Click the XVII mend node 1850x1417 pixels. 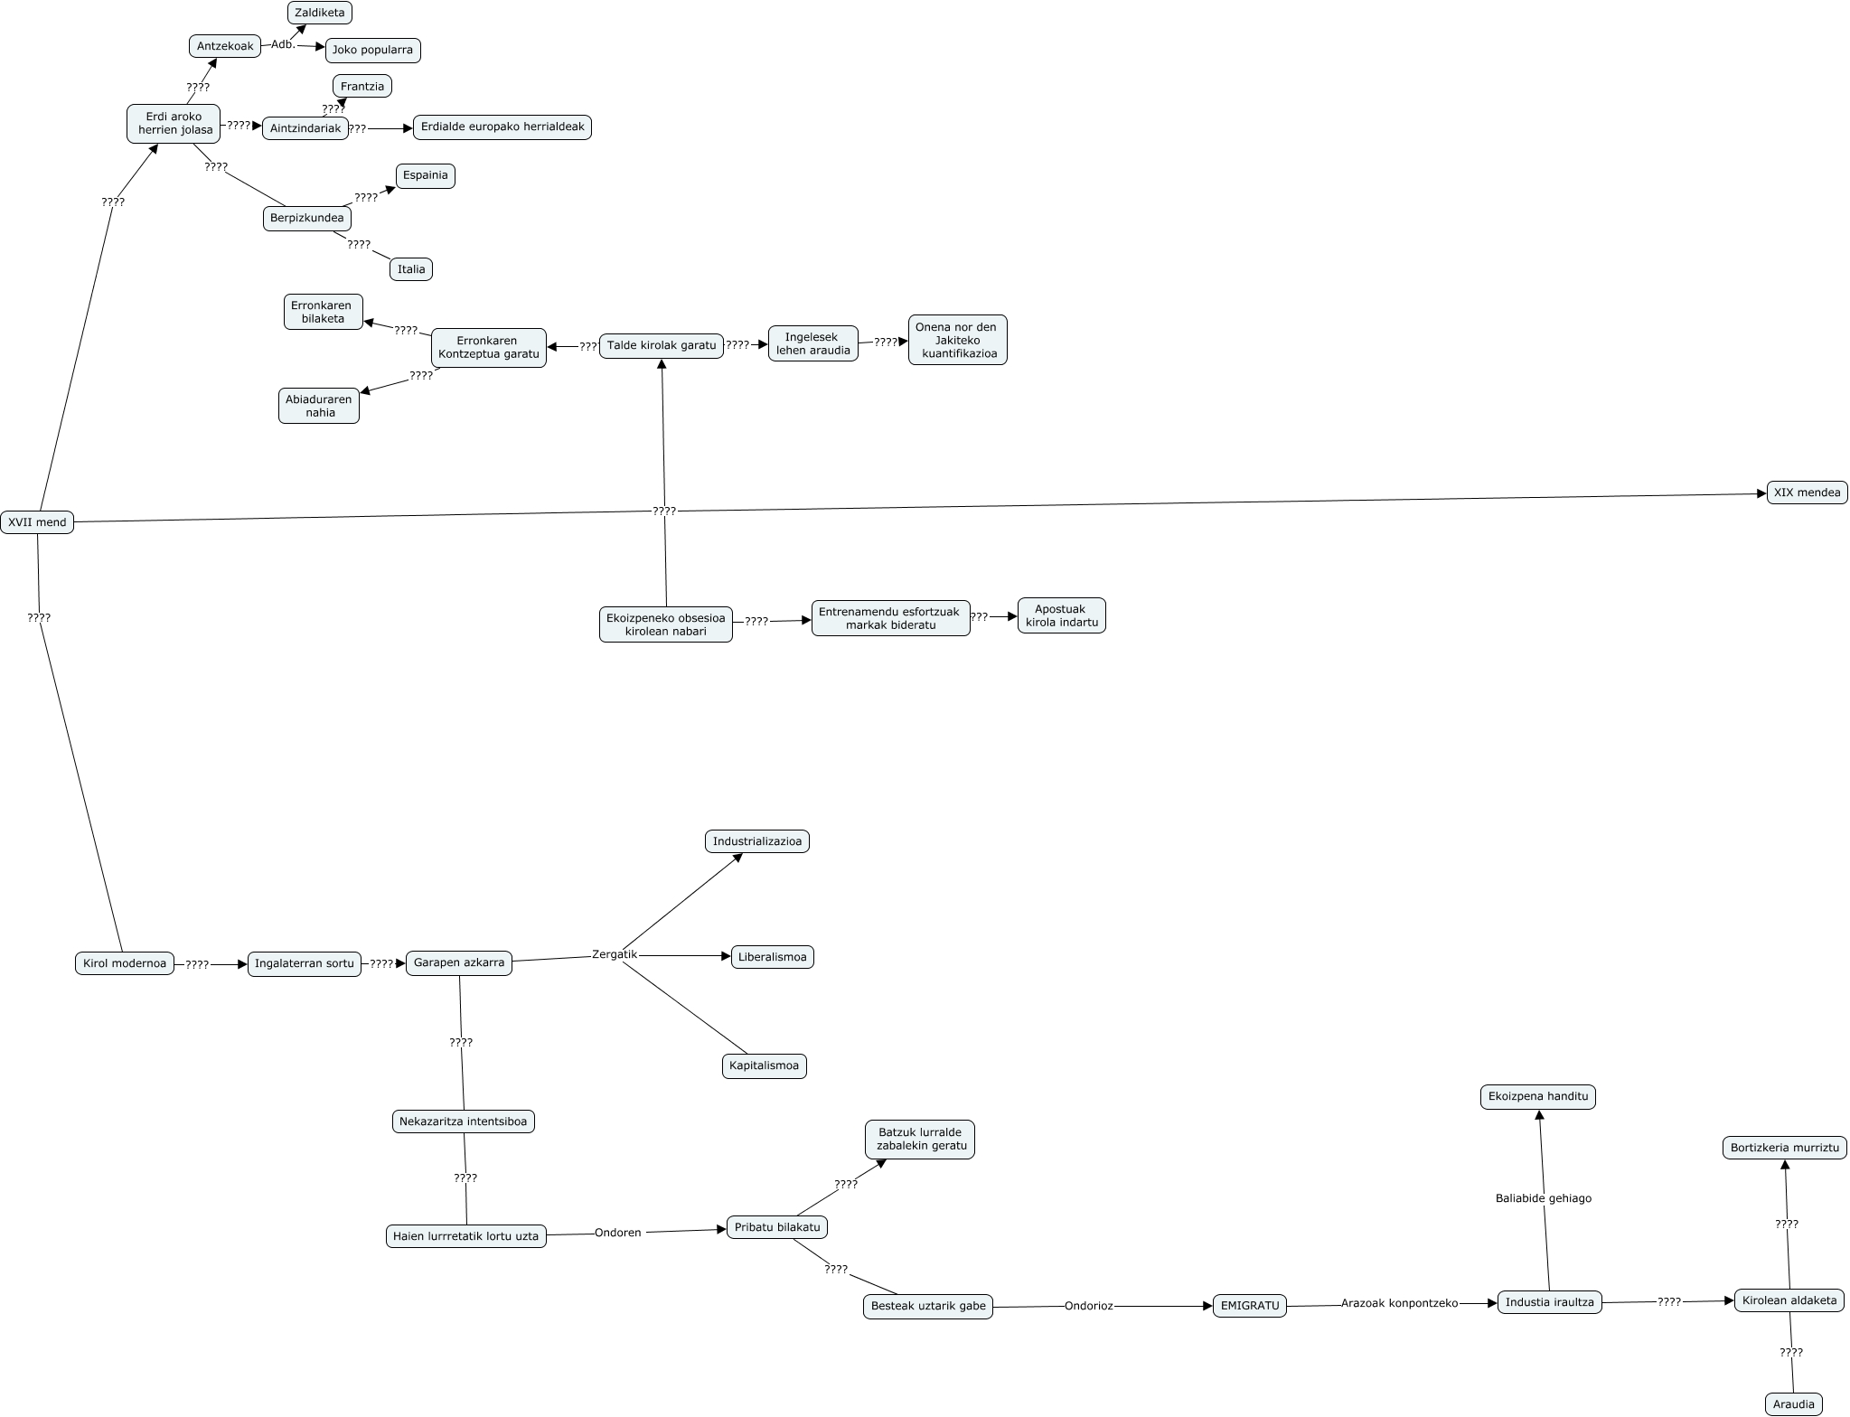(x=37, y=521)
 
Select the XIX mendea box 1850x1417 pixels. (x=1807, y=493)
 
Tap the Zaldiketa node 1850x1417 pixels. (x=320, y=13)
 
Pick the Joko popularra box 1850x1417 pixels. (x=372, y=50)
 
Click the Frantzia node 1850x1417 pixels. (x=362, y=87)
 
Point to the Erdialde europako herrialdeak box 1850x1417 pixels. (x=502, y=127)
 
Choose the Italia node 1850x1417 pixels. (x=411, y=269)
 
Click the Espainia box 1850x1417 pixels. (x=426, y=175)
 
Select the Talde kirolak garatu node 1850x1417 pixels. (x=662, y=345)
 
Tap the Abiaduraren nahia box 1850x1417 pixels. (x=319, y=406)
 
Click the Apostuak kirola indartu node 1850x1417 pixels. (x=1062, y=615)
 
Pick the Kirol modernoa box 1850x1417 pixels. (x=125, y=963)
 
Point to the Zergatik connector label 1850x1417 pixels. (x=615, y=954)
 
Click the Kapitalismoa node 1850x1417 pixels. (x=765, y=1065)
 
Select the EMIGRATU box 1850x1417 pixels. (x=1250, y=1306)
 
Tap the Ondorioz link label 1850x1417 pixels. (x=1089, y=1306)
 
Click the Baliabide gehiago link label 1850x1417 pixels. (x=1544, y=1198)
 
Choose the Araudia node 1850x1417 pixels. (x=1794, y=1404)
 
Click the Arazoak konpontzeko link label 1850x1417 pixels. (x=1399, y=1304)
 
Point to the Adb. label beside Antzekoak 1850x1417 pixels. (x=283, y=44)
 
